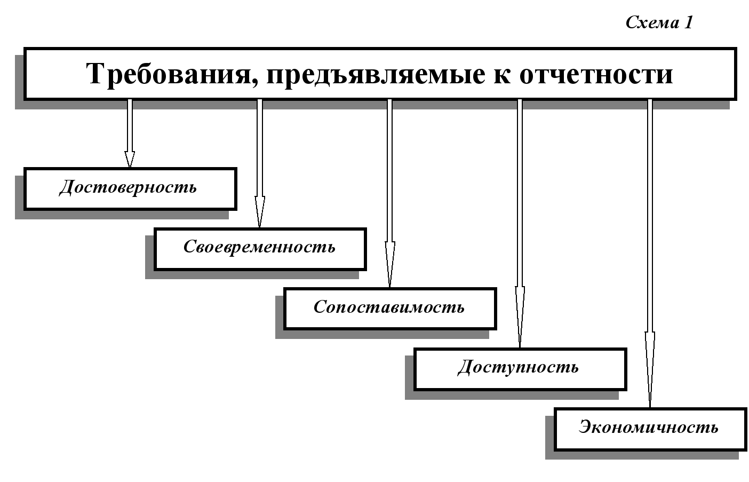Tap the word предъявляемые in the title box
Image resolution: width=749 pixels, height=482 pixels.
(x=376, y=75)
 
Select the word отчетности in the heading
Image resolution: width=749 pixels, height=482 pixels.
(x=596, y=74)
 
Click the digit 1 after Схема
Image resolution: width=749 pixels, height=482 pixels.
(x=689, y=22)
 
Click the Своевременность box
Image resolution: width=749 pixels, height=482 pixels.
(x=260, y=249)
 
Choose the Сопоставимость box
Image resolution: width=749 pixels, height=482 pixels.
(x=390, y=309)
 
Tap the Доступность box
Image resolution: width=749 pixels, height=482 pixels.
(x=520, y=369)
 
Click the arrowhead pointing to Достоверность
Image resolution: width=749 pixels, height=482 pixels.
(x=130, y=159)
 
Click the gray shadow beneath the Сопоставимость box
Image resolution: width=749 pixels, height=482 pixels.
(x=382, y=334)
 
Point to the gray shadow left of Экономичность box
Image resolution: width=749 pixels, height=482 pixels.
(x=549, y=435)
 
